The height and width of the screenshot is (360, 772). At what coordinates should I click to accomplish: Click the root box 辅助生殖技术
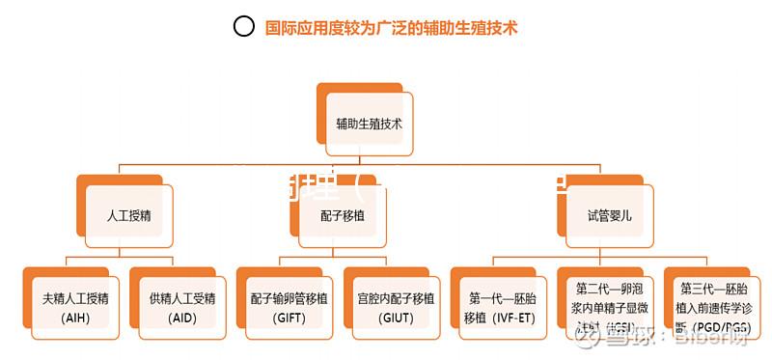coord(370,125)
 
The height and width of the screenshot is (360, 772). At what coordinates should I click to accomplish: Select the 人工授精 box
coord(128,215)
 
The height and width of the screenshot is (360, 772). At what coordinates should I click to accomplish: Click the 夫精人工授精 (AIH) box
coord(75,305)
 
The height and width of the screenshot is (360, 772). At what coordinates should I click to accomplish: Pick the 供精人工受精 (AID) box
coord(181,305)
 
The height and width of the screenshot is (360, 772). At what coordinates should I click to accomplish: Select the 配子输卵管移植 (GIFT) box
coord(289,305)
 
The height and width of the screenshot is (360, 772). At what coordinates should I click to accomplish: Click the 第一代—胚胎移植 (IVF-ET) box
coord(502,305)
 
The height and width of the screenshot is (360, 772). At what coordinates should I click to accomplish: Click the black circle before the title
coord(244,27)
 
